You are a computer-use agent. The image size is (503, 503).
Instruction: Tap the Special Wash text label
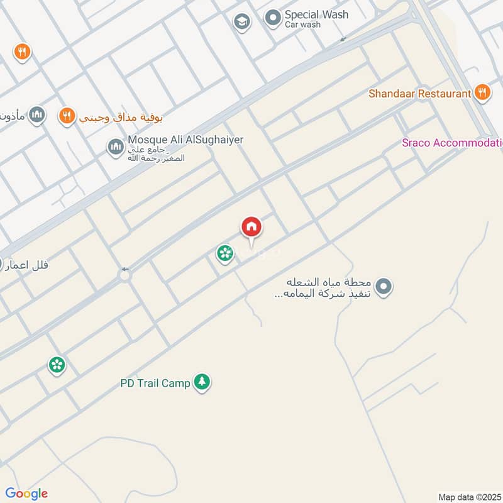tap(316, 14)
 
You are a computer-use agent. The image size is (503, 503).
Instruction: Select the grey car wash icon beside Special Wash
tap(272, 18)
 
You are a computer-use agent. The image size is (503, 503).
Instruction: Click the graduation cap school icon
tap(241, 22)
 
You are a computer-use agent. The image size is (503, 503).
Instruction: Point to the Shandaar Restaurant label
tap(419, 94)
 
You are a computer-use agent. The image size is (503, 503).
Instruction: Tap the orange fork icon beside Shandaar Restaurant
tap(482, 93)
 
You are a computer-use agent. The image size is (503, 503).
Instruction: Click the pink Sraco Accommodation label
tap(452, 143)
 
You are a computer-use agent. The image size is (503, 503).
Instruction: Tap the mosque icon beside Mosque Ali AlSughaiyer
tap(115, 147)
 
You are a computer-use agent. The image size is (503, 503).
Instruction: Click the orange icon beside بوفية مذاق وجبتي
tap(66, 116)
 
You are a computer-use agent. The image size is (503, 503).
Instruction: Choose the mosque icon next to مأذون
tap(38, 114)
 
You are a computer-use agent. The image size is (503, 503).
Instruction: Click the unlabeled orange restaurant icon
tap(22, 52)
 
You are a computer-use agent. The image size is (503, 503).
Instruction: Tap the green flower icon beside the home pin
tap(223, 253)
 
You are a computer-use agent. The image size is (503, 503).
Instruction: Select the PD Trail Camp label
tap(155, 382)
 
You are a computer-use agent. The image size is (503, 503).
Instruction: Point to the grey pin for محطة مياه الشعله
tap(385, 287)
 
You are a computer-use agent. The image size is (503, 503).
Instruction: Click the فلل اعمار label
tap(26, 265)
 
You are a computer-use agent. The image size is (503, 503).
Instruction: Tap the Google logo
tap(26, 494)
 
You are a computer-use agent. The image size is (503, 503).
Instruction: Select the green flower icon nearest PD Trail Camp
tap(57, 364)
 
